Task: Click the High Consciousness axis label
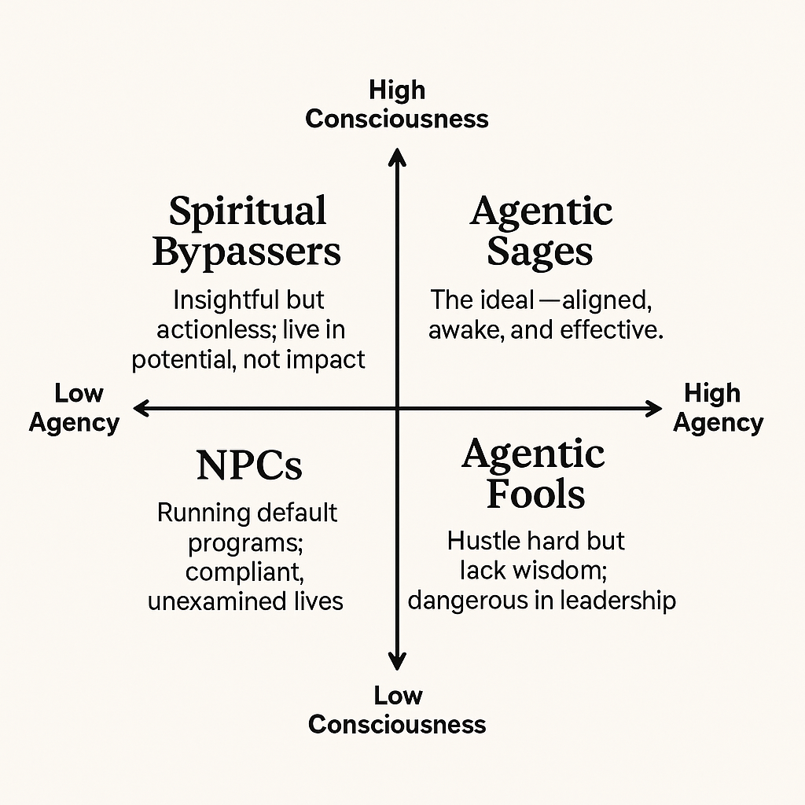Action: [x=397, y=105]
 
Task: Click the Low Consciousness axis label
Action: [x=397, y=710]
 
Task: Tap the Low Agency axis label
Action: [x=75, y=409]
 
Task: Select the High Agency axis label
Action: [x=718, y=408]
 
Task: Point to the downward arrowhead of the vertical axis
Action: [x=398, y=662]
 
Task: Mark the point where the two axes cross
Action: [x=398, y=408]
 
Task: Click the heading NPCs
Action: [x=249, y=465]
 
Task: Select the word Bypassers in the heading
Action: [x=247, y=252]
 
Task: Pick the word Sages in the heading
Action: [x=540, y=252]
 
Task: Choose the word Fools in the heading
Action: [x=535, y=494]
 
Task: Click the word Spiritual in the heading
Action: [x=248, y=211]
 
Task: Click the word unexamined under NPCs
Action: [x=213, y=601]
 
